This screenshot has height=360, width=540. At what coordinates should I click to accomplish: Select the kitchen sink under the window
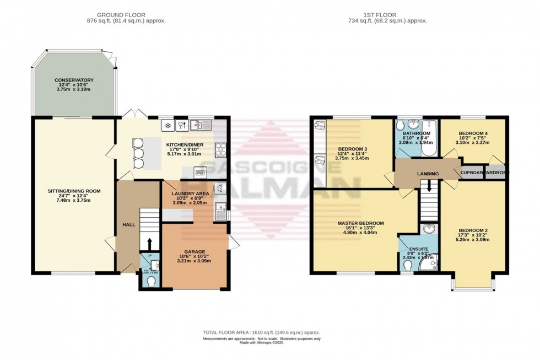(201, 125)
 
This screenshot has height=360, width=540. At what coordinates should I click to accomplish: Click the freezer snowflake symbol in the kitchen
(167, 126)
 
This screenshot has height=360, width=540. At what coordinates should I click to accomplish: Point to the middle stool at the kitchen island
(138, 153)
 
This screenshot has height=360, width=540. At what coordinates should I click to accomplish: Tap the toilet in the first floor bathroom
(400, 125)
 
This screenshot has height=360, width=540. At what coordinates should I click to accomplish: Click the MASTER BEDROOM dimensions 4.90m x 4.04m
(360, 233)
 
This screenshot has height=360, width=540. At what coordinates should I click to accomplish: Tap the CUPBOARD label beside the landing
(472, 173)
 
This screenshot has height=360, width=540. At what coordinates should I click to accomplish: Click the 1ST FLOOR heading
(396, 14)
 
